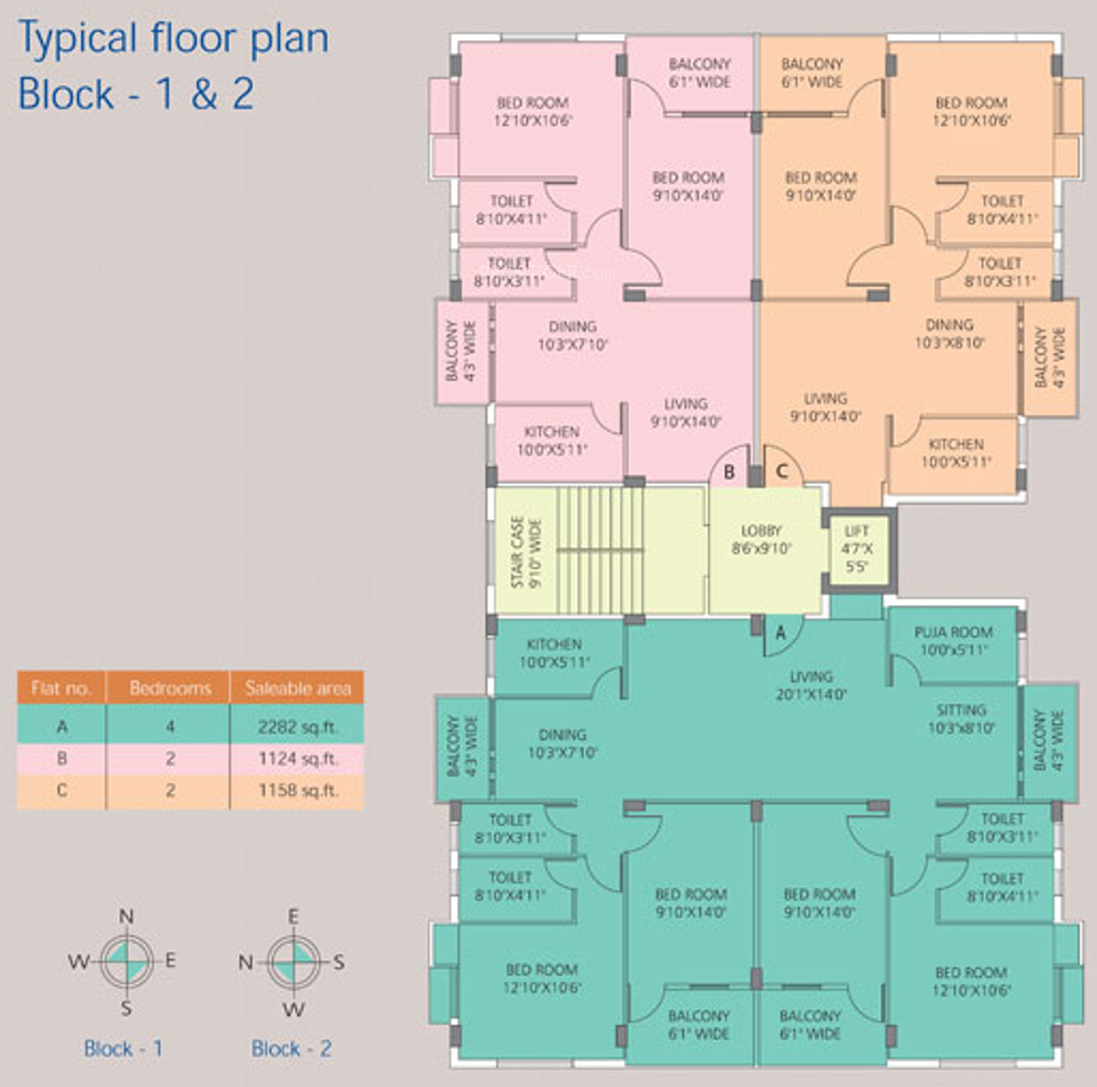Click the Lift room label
tap(857, 548)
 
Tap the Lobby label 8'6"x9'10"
tap(761, 540)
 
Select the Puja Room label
tap(953, 641)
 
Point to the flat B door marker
tap(729, 472)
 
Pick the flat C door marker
tap(782, 472)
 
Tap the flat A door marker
tap(781, 632)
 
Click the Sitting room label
tap(961, 718)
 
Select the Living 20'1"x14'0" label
tap(810, 685)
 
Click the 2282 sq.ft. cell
tap(297, 727)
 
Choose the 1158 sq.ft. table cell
tap(297, 790)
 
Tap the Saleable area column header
tap(297, 688)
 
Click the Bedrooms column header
tap(170, 688)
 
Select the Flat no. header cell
tap(62, 688)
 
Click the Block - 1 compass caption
tap(123, 1048)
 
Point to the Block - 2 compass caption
tap(291, 1048)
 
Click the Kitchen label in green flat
tap(555, 653)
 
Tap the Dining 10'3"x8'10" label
tap(949, 333)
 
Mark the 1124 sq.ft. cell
tap(297, 758)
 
